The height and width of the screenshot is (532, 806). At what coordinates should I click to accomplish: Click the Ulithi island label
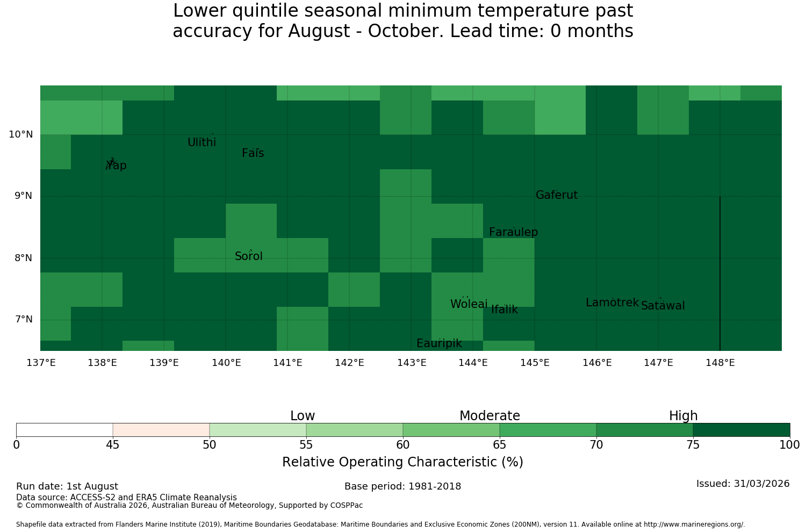click(202, 142)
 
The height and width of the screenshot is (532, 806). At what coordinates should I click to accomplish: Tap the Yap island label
click(116, 165)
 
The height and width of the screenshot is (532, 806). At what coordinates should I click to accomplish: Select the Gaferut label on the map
click(557, 195)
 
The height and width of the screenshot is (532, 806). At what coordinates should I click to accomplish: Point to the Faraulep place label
click(514, 232)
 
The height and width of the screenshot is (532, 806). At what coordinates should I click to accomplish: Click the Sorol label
click(249, 256)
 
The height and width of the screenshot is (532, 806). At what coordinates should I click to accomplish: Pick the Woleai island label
click(469, 304)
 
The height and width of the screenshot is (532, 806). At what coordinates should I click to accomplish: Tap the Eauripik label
click(439, 343)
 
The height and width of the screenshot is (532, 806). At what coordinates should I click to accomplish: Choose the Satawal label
click(663, 306)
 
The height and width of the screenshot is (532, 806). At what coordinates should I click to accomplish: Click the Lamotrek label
click(613, 303)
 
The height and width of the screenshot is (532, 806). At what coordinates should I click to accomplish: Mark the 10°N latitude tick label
click(21, 134)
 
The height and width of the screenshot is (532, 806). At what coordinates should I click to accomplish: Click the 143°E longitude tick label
click(412, 363)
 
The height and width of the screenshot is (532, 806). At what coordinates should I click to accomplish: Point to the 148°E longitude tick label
click(720, 363)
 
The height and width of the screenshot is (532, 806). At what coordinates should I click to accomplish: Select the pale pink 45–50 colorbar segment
click(161, 430)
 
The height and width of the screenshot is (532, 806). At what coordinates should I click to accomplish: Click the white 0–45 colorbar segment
click(64, 430)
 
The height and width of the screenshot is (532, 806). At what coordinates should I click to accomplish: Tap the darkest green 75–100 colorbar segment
click(742, 430)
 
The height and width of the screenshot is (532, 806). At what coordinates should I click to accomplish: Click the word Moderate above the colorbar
click(490, 416)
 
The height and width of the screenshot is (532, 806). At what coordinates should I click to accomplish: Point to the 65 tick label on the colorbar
click(499, 445)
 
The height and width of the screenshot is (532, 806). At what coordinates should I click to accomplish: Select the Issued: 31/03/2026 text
click(743, 484)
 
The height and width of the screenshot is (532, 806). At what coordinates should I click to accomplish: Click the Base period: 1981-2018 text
click(402, 486)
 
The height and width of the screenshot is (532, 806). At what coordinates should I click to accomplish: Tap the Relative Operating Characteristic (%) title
click(402, 462)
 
